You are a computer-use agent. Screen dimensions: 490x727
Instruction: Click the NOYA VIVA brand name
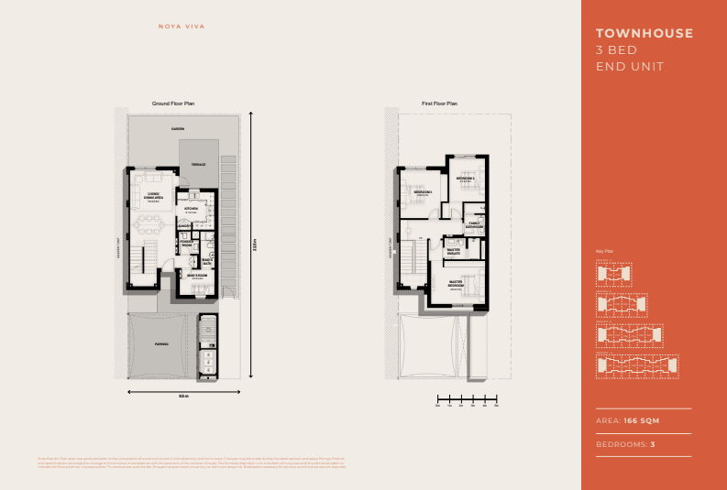click(x=182, y=27)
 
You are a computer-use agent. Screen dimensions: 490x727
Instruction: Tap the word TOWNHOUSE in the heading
click(x=644, y=34)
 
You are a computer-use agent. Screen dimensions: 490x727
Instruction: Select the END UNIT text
click(x=630, y=67)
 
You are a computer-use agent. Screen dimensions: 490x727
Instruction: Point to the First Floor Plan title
click(x=439, y=104)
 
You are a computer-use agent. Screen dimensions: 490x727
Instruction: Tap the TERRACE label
click(x=198, y=164)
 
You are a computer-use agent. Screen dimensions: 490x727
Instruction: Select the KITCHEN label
click(x=193, y=209)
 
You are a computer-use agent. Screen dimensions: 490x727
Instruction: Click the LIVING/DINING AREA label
click(x=154, y=196)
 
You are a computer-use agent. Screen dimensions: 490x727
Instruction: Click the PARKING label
click(x=160, y=344)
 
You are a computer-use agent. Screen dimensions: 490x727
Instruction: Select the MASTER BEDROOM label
click(x=456, y=284)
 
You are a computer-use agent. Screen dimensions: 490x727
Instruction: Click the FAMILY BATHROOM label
click(x=475, y=223)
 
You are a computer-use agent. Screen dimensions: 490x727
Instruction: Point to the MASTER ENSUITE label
click(x=453, y=250)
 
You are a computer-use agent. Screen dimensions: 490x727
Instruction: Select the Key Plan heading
click(x=603, y=250)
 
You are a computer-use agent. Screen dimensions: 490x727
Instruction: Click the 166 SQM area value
click(x=643, y=420)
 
